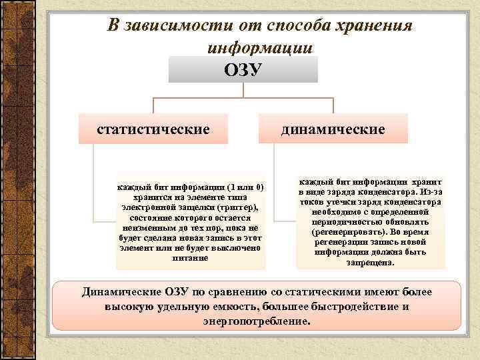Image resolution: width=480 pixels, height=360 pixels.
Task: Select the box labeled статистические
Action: coord(154,128)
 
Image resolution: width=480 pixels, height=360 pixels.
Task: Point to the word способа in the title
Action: coord(289,25)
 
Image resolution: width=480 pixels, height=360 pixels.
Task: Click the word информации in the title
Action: coord(260,47)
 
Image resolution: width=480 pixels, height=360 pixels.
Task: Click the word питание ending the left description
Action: coord(190,257)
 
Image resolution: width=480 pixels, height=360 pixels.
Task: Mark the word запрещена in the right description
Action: coord(370,262)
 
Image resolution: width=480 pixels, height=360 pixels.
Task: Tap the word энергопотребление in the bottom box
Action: coord(257,321)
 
